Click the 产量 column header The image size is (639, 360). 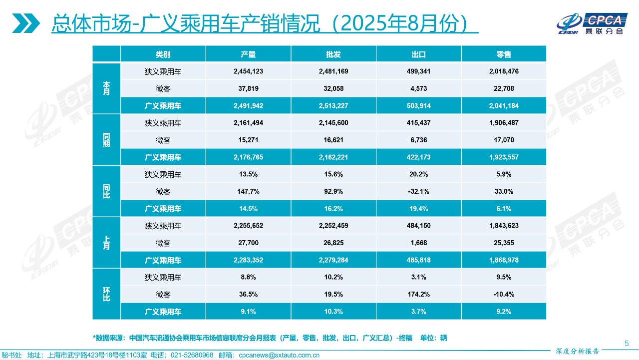[248, 54]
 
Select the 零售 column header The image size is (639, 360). [504, 54]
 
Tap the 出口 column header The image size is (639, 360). [418, 54]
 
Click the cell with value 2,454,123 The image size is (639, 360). [248, 71]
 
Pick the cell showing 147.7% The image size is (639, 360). [248, 192]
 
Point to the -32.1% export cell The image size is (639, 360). [418, 192]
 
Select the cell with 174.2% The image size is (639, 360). [418, 295]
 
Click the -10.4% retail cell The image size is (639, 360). [504, 295]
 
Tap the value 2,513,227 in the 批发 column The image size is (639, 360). [333, 106]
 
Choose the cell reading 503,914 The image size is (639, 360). [418, 106]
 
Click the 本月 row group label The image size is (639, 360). [106, 88]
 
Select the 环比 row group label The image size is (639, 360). [106, 295]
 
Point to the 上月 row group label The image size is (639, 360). [106, 243]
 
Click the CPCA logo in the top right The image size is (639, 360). [591, 23]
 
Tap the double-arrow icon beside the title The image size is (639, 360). [26, 23]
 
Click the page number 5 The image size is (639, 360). [627, 343]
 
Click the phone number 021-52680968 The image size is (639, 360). [192, 356]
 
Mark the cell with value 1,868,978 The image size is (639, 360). [504, 260]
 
